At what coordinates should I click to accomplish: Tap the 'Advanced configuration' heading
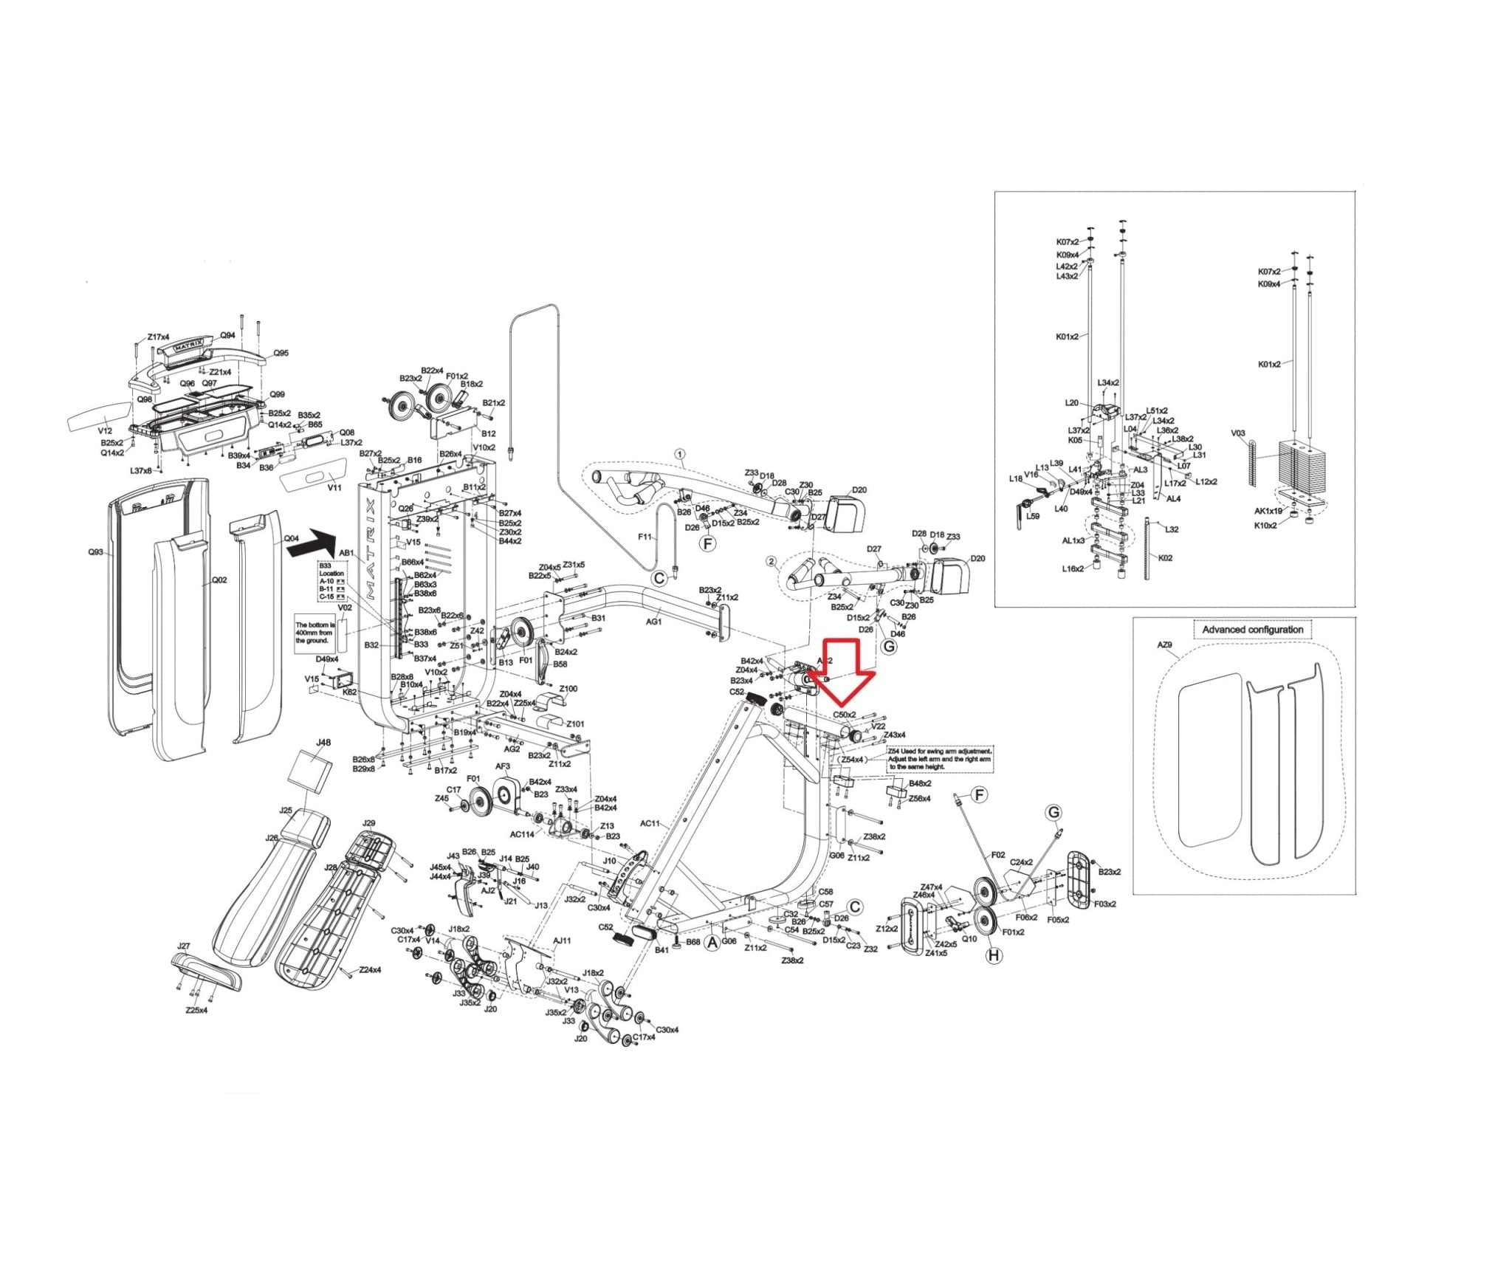coord(1252,630)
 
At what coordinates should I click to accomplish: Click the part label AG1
coord(654,622)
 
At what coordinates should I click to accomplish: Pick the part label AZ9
coord(1164,645)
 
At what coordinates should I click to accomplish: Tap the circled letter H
coord(994,956)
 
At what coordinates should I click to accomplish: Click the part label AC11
coord(650,823)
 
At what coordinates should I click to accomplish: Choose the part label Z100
coord(568,690)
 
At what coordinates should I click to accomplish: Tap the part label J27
coord(184,946)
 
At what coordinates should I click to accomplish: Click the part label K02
coord(1165,558)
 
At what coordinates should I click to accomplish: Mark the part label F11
coord(645,537)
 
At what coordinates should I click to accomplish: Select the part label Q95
coord(281,353)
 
